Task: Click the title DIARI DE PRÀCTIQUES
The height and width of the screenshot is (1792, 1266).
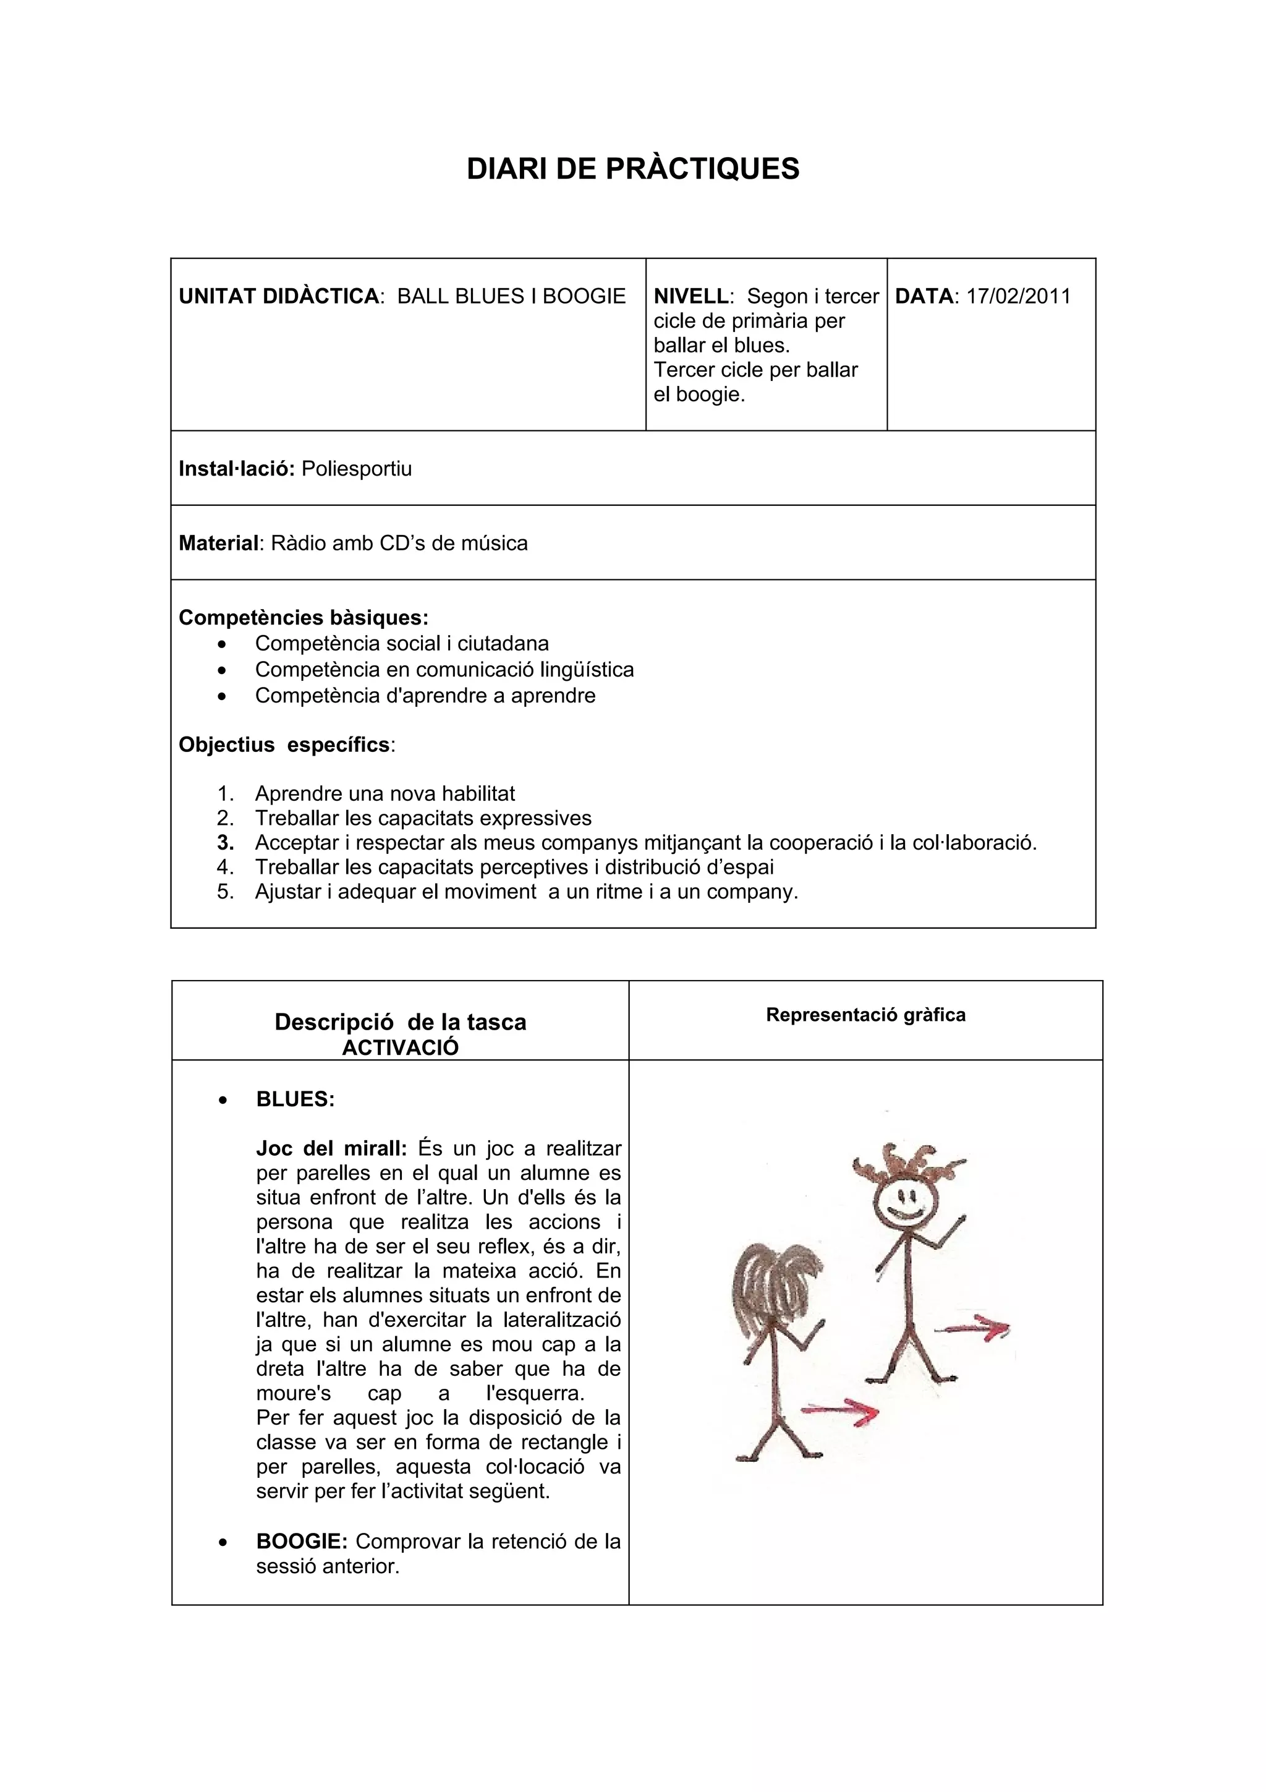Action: pyautogui.click(x=632, y=169)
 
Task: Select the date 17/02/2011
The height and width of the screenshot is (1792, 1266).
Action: pyautogui.click(x=1018, y=297)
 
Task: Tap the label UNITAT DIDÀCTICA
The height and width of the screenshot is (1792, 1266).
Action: pyautogui.click(x=278, y=297)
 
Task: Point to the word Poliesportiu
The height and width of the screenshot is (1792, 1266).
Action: pyautogui.click(x=357, y=469)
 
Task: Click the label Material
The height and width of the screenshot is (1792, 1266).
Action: pyautogui.click(x=218, y=543)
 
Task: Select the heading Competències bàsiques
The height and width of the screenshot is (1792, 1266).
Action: pyautogui.click(x=303, y=617)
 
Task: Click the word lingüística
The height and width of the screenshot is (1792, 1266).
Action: pyautogui.click(x=586, y=670)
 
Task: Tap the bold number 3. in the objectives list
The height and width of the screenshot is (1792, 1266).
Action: pyautogui.click(x=226, y=843)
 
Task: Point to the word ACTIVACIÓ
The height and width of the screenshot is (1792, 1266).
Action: pyautogui.click(x=400, y=1047)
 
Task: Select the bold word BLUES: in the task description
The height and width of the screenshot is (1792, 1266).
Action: pyautogui.click(x=295, y=1099)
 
